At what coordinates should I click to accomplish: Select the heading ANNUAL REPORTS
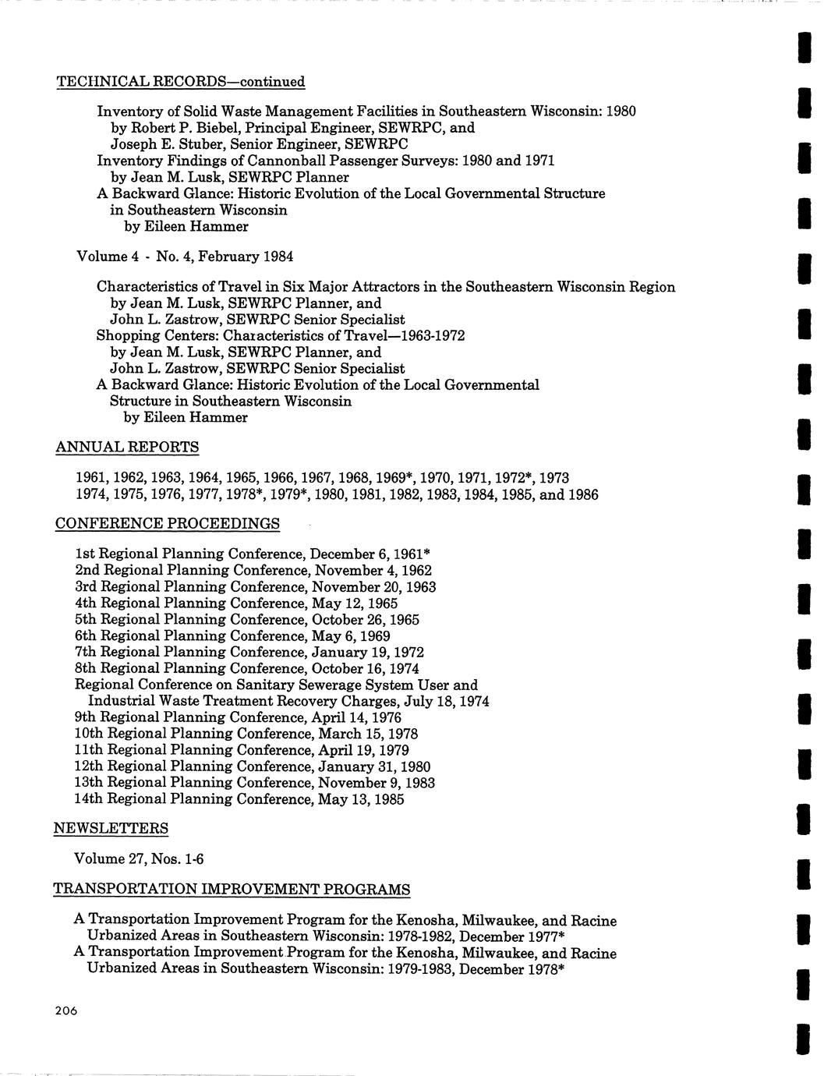pyautogui.click(x=127, y=448)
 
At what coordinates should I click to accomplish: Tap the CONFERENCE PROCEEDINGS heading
pyautogui.click(x=168, y=523)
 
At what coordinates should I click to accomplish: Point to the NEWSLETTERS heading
pyautogui.click(x=111, y=828)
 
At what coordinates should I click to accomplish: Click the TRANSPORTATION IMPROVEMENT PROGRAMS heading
pyautogui.click(x=232, y=890)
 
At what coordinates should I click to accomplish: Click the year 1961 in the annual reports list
pyautogui.click(x=90, y=478)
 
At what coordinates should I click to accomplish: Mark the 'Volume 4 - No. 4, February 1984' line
pyautogui.click(x=185, y=257)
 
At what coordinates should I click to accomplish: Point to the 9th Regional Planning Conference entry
pyautogui.click(x=238, y=717)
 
